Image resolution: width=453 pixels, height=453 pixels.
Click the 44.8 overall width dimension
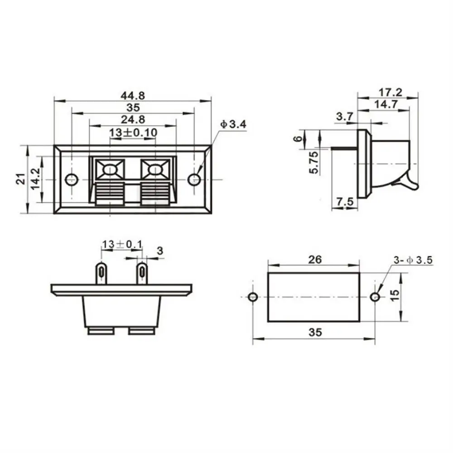pyautogui.click(x=133, y=95)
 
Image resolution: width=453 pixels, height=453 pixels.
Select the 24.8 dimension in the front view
pyautogui.click(x=133, y=120)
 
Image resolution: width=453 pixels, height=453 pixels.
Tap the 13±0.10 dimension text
pyautogui.click(x=133, y=132)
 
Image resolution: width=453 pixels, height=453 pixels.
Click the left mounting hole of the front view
pyautogui.click(x=71, y=180)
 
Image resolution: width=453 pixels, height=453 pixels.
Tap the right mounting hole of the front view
pyautogui.click(x=194, y=180)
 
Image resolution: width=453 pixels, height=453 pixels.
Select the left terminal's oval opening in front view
pyautogui.click(x=110, y=170)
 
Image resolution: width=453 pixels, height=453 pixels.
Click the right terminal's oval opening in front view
pyautogui.click(x=155, y=170)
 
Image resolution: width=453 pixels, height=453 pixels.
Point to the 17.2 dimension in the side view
pyautogui.click(x=390, y=92)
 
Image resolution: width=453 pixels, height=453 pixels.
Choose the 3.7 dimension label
pyautogui.click(x=344, y=116)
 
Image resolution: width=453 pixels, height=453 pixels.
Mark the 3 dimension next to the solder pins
pyautogui.click(x=159, y=250)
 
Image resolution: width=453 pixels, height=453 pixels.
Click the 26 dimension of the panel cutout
pyautogui.click(x=315, y=259)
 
